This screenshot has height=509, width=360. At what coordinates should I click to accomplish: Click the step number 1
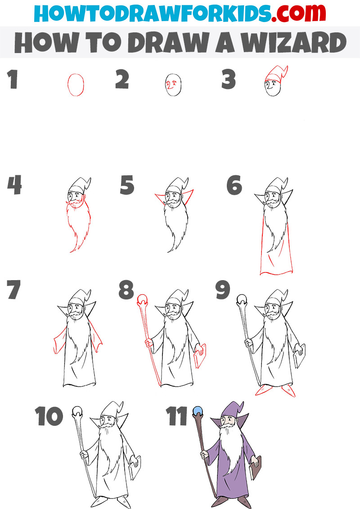12,80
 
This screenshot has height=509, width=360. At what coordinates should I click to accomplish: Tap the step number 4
14,185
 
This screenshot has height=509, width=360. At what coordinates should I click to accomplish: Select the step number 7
13,290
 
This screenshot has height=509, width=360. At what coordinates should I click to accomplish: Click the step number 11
177,417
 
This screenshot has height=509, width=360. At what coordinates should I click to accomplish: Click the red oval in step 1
76,85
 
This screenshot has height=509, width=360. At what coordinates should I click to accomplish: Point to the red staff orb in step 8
142,298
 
